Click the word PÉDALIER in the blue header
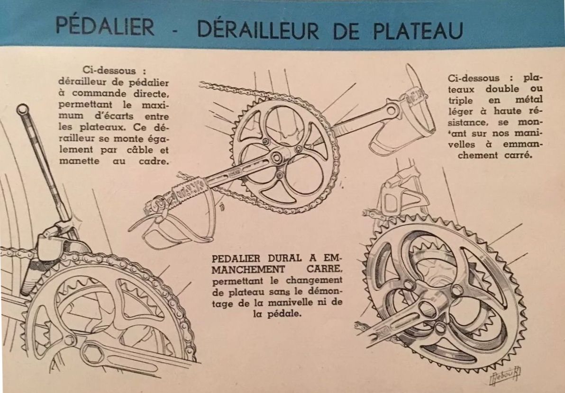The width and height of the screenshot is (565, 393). pos(105,26)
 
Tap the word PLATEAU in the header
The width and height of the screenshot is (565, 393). pos(419,30)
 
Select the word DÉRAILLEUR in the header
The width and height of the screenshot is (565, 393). pos(258,28)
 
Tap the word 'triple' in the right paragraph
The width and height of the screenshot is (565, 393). pos(461,100)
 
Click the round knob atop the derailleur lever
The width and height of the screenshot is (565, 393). pos(23,108)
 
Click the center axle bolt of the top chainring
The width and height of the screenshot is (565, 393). pos(276,157)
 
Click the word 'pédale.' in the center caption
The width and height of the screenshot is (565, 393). pos(277,314)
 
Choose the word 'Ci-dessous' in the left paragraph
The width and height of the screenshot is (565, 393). pos(109,71)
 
